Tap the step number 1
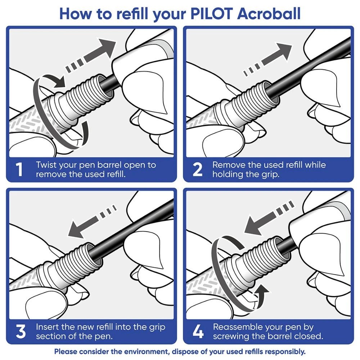[20, 170]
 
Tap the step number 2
[198, 170]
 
